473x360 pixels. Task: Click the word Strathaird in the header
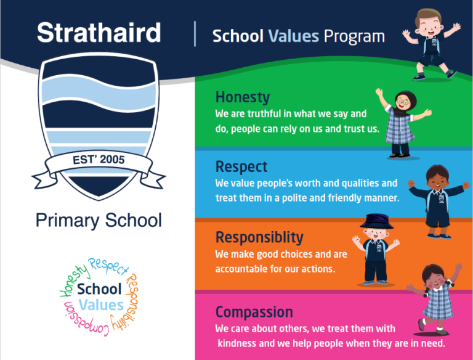pos(99,33)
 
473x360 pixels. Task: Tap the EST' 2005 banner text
pos(99,160)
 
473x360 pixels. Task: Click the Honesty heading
pos(242,97)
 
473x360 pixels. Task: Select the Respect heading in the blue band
pos(241,166)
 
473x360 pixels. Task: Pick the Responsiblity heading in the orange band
pos(259,237)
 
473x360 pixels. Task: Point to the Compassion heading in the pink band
pos(254,311)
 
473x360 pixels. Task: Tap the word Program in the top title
pos(354,36)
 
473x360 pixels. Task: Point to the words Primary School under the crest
pos(99,220)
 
